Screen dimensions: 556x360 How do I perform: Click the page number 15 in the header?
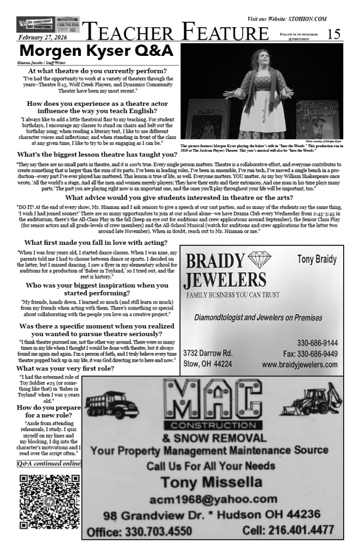[334, 34]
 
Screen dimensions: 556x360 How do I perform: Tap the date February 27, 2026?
[42, 37]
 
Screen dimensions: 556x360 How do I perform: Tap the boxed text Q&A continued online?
[49, 463]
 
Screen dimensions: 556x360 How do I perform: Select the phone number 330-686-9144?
[317, 343]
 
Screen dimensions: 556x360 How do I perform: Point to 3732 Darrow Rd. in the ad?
[208, 353]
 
